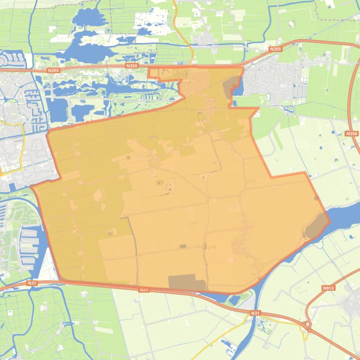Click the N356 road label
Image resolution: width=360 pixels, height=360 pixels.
tap(352, 134)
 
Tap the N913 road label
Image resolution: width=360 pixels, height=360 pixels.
tap(329, 288)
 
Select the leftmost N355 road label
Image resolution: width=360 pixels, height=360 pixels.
tap(54, 71)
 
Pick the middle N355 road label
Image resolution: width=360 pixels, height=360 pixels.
tap(132, 66)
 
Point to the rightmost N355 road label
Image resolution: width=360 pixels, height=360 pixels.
tap(276, 48)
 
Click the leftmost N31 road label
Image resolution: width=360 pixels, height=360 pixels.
tap(32, 283)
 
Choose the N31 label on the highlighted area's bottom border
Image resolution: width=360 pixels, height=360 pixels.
tap(144, 290)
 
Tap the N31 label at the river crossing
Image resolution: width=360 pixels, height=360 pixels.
tap(255, 313)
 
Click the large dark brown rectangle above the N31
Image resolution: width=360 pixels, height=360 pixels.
tap(187, 282)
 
